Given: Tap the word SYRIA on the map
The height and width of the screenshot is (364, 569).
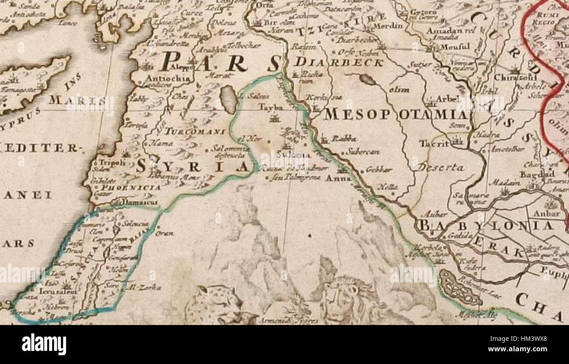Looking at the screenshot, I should [x=193, y=166].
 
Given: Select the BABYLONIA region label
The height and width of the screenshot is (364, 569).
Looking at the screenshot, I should [x=486, y=226].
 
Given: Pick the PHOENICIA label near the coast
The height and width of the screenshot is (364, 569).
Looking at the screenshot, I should [x=126, y=187].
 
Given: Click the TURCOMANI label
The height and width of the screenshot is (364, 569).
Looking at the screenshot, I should [x=195, y=131].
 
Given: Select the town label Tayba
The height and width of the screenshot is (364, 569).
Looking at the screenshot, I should [x=271, y=107].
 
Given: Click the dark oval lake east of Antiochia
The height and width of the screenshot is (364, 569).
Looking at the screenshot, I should [x=228, y=99].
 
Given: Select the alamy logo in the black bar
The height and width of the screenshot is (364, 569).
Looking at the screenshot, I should [x=44, y=344].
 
